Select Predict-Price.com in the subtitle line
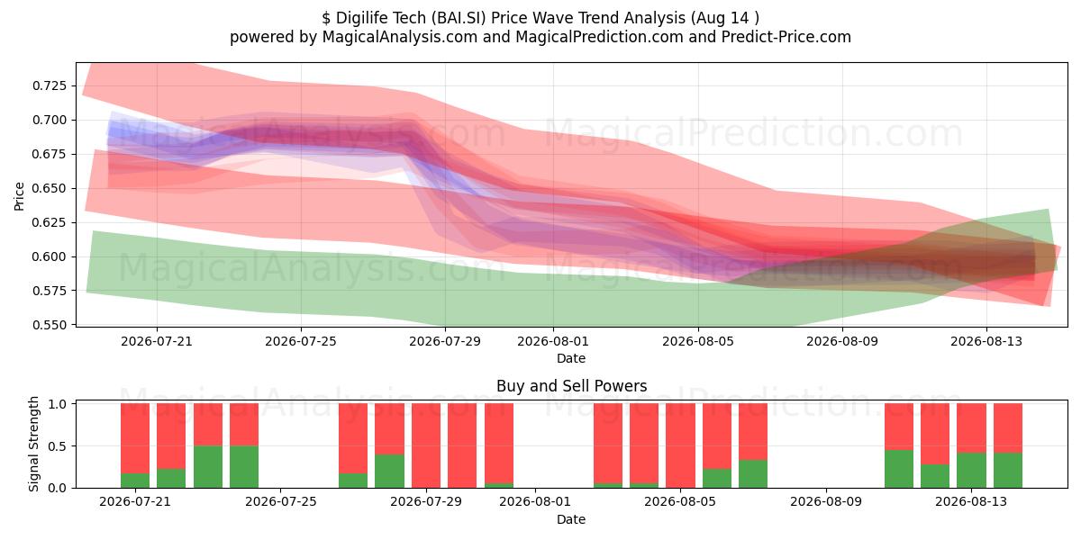pos(786,37)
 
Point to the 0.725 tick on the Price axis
pos(49,85)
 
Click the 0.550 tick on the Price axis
pos(49,325)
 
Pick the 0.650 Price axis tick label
pos(49,188)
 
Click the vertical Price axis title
pos(19,196)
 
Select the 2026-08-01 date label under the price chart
pos(553,341)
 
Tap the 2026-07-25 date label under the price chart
pos(301,341)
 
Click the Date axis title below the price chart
pos(571,358)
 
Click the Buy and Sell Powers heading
pos(571,386)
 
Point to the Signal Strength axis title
pos(33,444)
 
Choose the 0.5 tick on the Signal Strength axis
pos(58,446)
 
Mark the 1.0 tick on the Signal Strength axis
pos(58,404)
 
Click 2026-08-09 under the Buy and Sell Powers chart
pos(826,501)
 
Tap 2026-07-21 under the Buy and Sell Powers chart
pos(134,501)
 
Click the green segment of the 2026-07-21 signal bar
pos(135,481)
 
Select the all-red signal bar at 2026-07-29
pos(426,445)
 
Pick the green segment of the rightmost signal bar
pos(1008,470)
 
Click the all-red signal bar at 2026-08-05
pos(680,445)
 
